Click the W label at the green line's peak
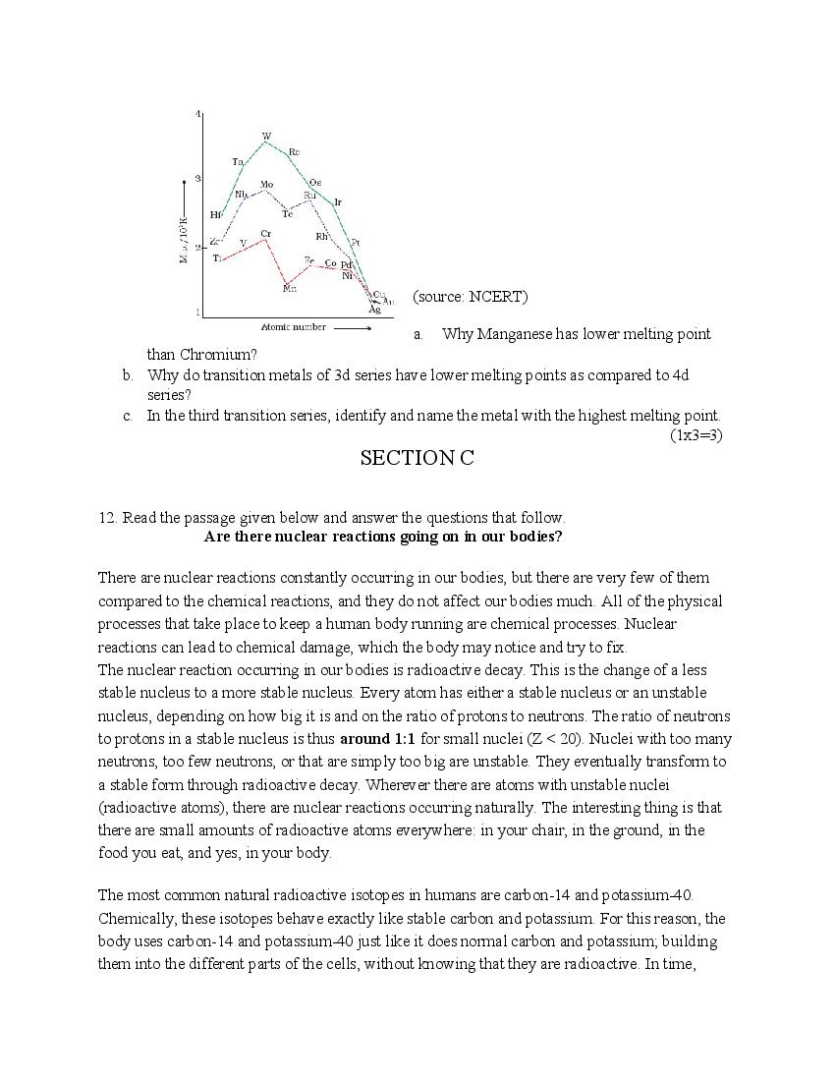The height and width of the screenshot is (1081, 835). (x=266, y=136)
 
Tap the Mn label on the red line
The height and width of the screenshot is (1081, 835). (x=290, y=288)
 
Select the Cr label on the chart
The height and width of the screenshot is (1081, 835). (x=266, y=234)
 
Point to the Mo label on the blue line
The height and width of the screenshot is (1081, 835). (x=266, y=185)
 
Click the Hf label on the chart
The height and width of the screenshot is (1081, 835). (x=216, y=214)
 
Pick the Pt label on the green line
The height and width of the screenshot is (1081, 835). (x=355, y=242)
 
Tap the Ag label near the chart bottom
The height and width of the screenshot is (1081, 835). (x=374, y=310)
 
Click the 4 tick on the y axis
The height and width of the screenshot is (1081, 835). (x=197, y=115)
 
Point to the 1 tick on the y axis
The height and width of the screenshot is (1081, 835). (x=197, y=313)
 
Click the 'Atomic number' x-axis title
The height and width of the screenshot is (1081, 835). (x=293, y=327)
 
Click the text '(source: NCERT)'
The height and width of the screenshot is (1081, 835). (x=470, y=297)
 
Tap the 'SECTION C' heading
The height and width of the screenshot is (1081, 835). (x=417, y=458)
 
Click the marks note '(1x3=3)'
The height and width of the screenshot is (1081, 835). (x=696, y=435)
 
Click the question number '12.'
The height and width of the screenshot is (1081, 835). (x=108, y=518)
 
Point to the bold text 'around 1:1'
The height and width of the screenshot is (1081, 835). (x=378, y=739)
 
